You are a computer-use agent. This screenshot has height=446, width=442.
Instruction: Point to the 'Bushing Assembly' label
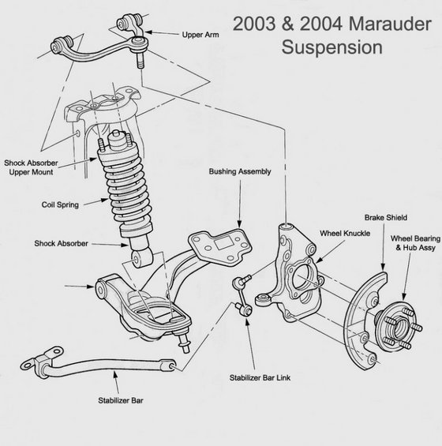240,171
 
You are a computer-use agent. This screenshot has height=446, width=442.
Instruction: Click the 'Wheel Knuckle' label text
345,234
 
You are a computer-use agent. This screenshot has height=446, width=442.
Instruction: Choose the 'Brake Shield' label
384,216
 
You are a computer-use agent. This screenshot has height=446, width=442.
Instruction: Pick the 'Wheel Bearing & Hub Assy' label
414,242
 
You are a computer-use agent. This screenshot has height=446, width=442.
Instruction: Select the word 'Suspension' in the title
332,46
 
